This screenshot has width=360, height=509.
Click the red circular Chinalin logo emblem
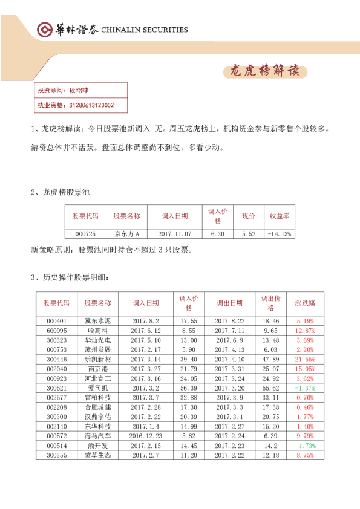(44, 30)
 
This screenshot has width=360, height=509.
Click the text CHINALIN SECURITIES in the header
(144, 30)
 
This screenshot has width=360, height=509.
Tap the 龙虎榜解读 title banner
(264, 71)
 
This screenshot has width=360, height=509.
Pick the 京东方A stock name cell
(126, 234)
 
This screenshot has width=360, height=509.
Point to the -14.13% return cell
(280, 234)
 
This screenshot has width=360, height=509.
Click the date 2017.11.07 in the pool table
(175, 234)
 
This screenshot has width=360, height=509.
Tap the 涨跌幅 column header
(305, 303)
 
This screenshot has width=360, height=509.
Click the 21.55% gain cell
(305, 359)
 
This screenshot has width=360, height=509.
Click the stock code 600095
(56, 331)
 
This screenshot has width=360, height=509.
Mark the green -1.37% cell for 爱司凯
(305, 387)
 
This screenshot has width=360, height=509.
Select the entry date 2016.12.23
(145, 435)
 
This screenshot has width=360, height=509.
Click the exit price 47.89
(270, 359)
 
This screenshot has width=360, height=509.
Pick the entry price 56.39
(189, 387)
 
